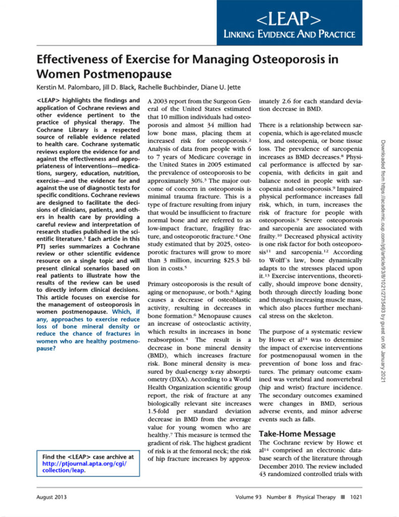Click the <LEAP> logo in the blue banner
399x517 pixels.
[x=289, y=20]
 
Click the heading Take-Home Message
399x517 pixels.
[x=297, y=434]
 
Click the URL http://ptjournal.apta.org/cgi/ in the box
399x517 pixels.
[x=84, y=463]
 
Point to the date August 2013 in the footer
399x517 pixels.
[x=52, y=497]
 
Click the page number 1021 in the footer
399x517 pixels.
[x=353, y=497]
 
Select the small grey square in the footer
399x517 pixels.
[x=342, y=497]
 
